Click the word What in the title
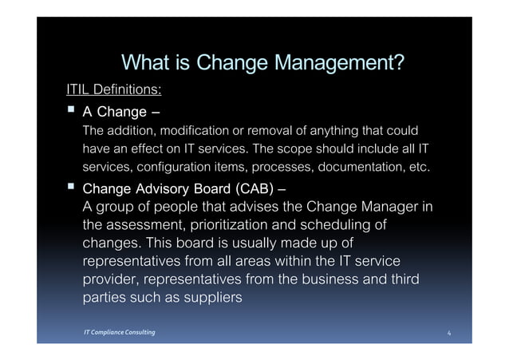(x=142, y=61)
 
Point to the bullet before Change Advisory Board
(x=71, y=188)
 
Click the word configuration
(x=176, y=168)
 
